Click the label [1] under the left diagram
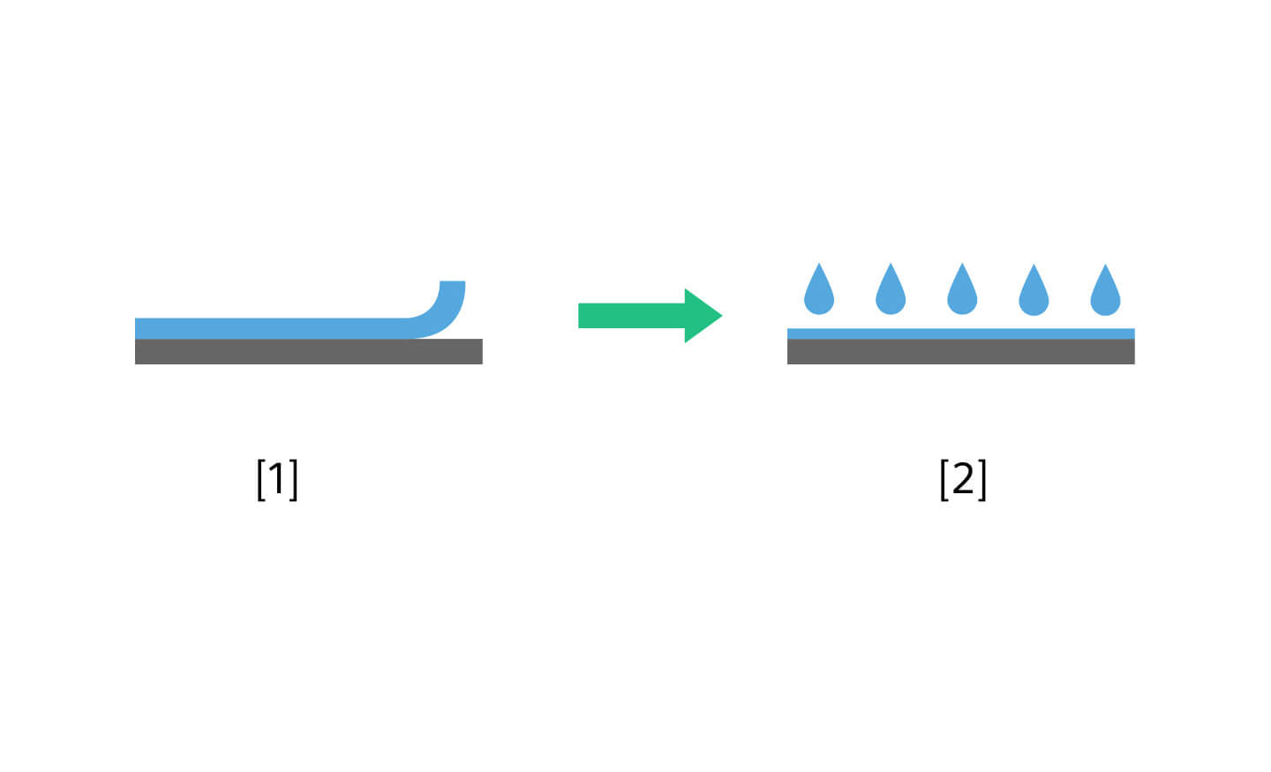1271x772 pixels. point(277,480)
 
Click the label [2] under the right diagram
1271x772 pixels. point(963,480)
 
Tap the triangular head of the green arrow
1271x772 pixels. point(703,315)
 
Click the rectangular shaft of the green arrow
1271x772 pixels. point(632,315)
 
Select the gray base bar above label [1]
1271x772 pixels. point(309,351)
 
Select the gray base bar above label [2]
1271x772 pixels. point(960,351)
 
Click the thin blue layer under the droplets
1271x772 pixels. point(960,334)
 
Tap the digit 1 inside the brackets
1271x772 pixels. point(276,479)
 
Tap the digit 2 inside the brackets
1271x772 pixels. point(963,479)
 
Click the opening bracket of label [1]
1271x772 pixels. point(261,480)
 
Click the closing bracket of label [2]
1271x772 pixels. point(982,480)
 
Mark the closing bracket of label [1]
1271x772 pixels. point(293,480)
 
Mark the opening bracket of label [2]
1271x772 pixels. point(944,480)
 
